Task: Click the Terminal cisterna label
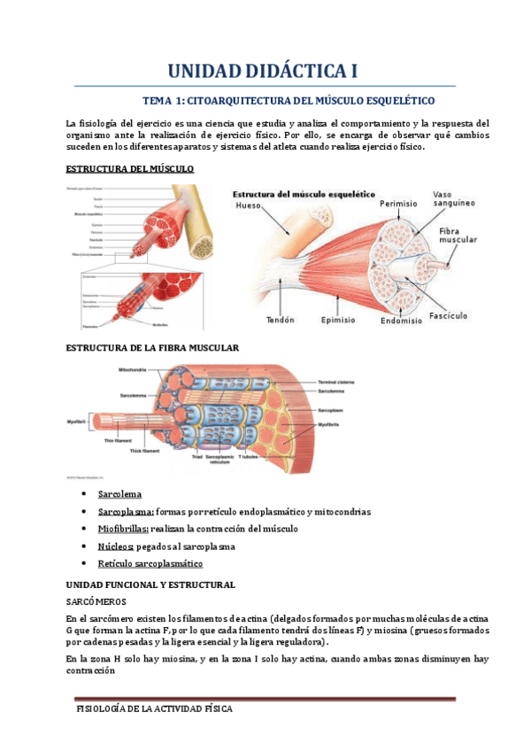coord(337,382)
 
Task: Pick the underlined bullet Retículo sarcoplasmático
coord(153,563)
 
